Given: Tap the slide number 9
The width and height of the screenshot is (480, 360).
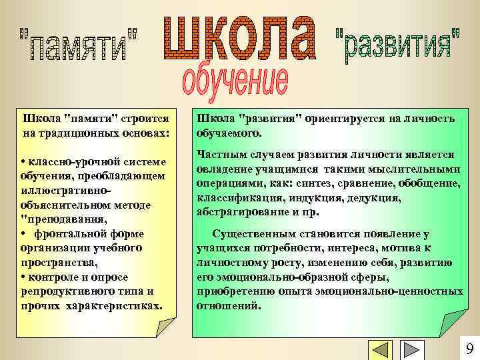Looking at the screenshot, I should (469, 349).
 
